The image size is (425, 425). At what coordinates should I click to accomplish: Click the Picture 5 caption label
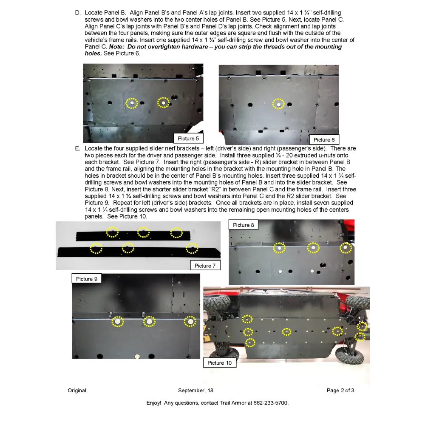tap(188, 139)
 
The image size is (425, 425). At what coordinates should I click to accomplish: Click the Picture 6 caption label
tap(324, 140)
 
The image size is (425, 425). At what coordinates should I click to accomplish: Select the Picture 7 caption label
tap(205, 266)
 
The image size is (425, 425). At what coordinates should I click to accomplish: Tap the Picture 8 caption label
tap(244, 225)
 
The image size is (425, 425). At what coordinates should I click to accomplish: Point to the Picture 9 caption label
tap(87, 279)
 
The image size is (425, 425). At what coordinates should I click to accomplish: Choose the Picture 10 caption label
tap(219, 363)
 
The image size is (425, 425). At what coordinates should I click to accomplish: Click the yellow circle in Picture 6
tap(278, 104)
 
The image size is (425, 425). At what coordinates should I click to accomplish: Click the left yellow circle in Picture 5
tap(132, 103)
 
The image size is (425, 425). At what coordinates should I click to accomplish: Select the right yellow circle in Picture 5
tap(163, 102)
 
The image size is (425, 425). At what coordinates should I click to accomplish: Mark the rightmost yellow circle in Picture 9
tap(190, 322)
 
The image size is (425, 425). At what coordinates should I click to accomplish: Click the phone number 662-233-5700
tap(273, 402)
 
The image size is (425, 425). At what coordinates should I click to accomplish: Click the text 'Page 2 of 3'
tap(340, 391)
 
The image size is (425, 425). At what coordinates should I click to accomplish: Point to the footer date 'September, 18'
tap(195, 391)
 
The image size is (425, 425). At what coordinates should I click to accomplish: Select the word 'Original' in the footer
tap(77, 391)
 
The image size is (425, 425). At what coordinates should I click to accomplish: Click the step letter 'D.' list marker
tap(78, 13)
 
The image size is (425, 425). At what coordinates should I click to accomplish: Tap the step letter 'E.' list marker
tap(78, 149)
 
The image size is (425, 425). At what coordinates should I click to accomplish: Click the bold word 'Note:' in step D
tap(117, 47)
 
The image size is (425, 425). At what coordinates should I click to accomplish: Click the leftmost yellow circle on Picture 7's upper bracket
tap(112, 232)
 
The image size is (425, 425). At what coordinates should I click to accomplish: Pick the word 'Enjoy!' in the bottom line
tap(154, 402)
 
